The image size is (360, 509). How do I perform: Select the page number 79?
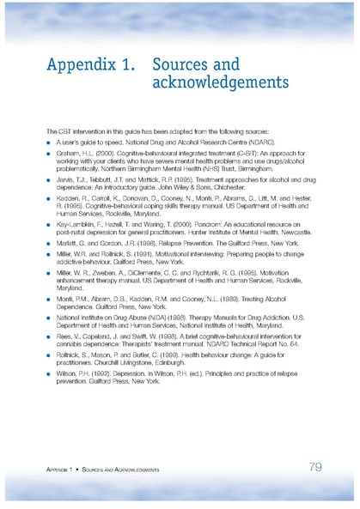(x=314, y=467)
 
